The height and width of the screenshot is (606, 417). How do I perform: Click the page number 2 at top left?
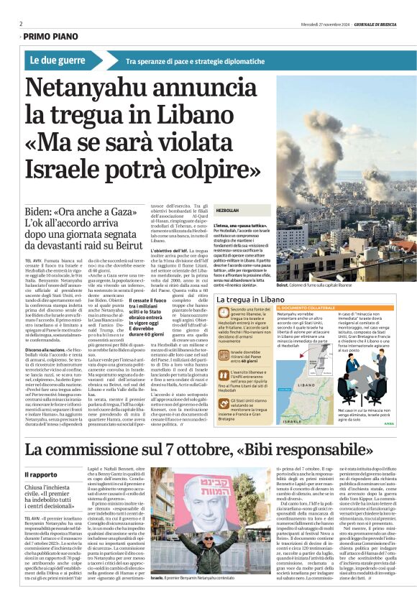click(21, 23)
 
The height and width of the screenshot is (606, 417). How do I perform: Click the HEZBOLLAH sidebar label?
click(227, 210)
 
